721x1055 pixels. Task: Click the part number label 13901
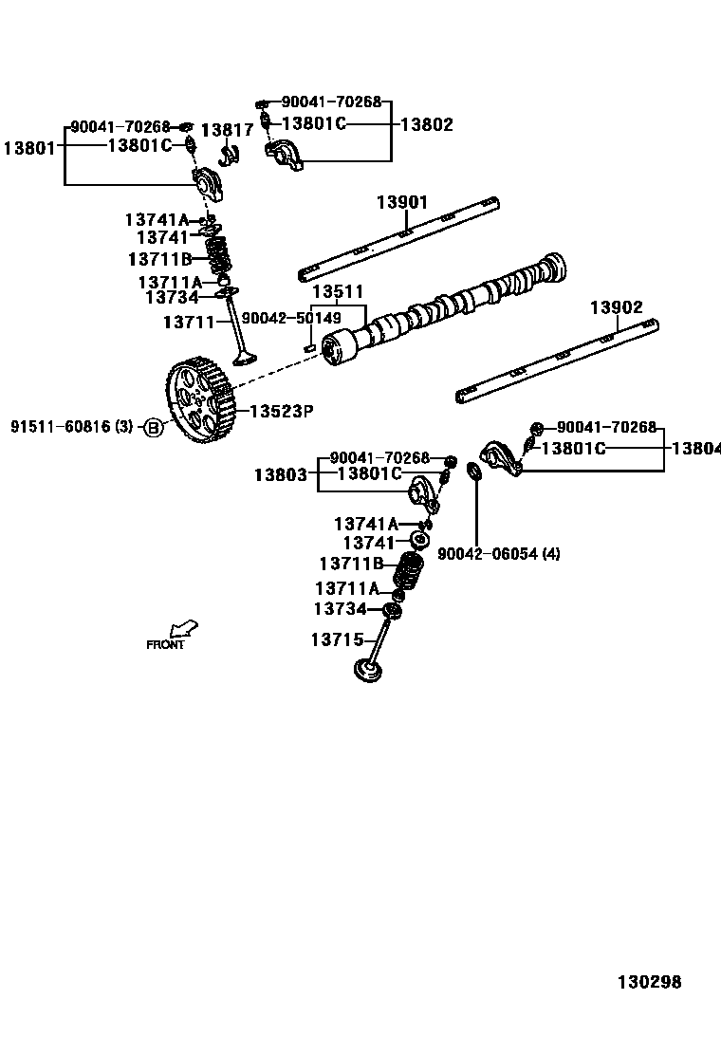(x=401, y=202)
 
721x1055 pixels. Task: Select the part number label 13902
(x=616, y=307)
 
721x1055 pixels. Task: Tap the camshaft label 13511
(x=338, y=291)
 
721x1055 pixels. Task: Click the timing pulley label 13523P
(x=281, y=411)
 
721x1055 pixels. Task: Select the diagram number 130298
(x=650, y=982)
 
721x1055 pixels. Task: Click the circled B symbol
(x=153, y=428)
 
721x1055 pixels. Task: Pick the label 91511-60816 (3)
(x=72, y=428)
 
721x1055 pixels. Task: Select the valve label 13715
(x=337, y=640)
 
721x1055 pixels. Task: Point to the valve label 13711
(x=190, y=323)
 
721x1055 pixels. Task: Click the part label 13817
(x=227, y=130)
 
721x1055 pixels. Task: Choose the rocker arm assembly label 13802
(x=426, y=124)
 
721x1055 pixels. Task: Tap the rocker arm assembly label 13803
(x=280, y=473)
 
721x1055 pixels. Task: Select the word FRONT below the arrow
(x=165, y=645)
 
